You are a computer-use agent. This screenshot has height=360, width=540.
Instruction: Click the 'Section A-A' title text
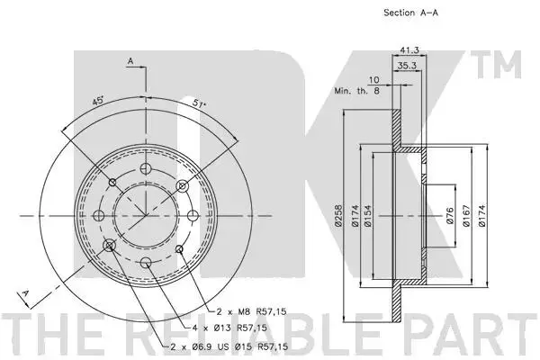pyautogui.click(x=410, y=13)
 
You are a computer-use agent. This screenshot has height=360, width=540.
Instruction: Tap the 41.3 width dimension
pyautogui.click(x=409, y=50)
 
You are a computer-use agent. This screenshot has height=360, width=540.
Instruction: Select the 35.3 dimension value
pyautogui.click(x=407, y=66)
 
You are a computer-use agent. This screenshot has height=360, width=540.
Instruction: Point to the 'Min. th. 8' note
pyautogui.click(x=356, y=91)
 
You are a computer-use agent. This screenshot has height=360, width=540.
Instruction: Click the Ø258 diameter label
pyautogui.click(x=338, y=216)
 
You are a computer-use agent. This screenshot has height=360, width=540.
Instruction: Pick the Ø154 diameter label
pyautogui.click(x=367, y=216)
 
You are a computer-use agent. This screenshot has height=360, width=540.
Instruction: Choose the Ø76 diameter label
pyautogui.click(x=450, y=216)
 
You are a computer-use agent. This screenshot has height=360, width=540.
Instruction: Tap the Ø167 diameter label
pyautogui.click(x=466, y=216)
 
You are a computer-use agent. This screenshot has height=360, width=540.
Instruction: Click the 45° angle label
pyautogui.click(x=98, y=101)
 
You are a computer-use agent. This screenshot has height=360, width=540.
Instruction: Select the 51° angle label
pyautogui.click(x=199, y=103)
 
